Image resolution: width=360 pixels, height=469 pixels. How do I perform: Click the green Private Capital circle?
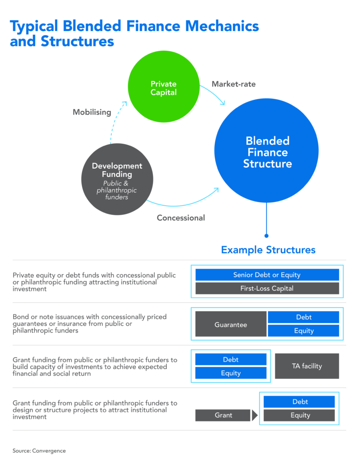point(164,88)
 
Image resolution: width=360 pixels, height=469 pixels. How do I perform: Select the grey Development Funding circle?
point(117,179)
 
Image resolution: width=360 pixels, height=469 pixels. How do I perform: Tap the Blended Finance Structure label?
point(267,152)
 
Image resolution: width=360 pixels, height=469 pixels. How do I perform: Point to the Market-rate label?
point(234,84)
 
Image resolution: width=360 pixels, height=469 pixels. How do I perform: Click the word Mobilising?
point(92,112)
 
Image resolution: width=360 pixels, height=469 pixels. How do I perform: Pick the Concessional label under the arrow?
point(181,218)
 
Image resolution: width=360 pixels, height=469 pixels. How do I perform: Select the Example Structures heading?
point(268,250)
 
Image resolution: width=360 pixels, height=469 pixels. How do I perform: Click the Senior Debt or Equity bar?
point(267,275)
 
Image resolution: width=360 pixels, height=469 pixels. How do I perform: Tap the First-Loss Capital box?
point(267,289)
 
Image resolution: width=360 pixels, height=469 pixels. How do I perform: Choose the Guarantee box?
point(230,325)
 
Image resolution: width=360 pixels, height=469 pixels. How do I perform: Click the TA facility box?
point(307,366)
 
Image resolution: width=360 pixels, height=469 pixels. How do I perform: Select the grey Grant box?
point(223,415)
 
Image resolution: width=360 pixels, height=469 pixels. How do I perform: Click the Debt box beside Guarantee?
point(304,317)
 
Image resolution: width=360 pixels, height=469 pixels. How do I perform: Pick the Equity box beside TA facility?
point(231,373)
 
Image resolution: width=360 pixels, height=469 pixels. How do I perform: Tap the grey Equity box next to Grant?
point(300,415)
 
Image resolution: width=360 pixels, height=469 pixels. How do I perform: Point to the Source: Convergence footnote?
point(39,451)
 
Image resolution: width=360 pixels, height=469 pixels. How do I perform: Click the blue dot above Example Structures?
point(267,235)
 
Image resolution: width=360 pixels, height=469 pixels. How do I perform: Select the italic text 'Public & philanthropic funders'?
point(117,191)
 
